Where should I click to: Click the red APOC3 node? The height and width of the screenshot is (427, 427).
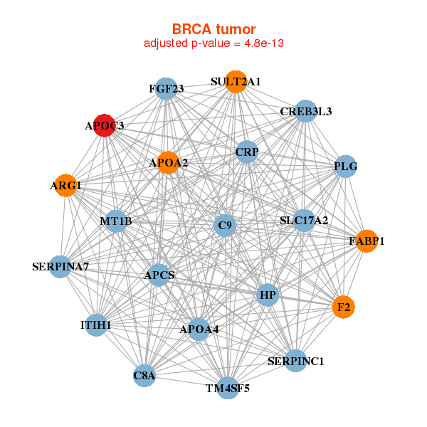coord(105,125)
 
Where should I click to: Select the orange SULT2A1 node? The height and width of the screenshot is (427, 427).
coord(236,82)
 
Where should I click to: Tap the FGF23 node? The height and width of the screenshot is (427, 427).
coord(166,89)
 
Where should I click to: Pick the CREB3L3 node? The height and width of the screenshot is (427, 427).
coord(305,111)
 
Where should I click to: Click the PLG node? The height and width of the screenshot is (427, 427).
coord(345,167)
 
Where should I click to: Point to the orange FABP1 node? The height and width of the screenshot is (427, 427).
coord(367,241)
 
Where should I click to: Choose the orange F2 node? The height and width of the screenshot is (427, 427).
coord(344,307)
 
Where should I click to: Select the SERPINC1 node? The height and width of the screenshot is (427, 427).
coord(295,361)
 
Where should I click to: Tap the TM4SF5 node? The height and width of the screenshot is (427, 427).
coord(228,388)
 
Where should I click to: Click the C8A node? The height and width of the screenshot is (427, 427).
coord(144,375)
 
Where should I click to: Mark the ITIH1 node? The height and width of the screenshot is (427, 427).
coord(96,325)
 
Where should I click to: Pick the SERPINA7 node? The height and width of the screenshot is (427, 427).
coord(60,267)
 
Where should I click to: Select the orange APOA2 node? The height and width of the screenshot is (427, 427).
coord(169,163)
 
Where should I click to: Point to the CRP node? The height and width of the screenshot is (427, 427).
coord(247,152)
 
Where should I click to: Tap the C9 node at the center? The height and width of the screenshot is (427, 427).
coord(225,226)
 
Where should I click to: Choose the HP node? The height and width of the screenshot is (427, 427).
coord(268,295)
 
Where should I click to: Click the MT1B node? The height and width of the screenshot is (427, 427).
coord(116,221)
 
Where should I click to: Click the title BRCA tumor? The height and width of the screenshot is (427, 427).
coord(214,29)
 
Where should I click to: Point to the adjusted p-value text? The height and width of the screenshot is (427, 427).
coord(214,43)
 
